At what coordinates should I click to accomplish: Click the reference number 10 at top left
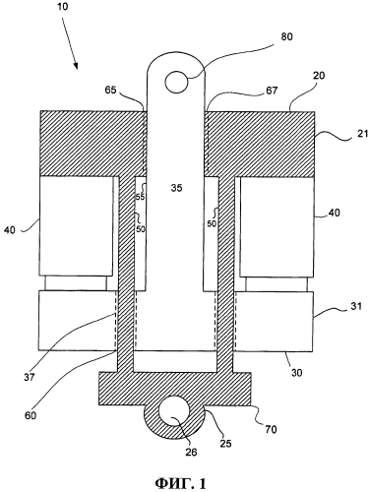[x=62, y=7]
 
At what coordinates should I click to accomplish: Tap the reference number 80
[x=286, y=36]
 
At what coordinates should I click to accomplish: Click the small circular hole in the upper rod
[x=176, y=81]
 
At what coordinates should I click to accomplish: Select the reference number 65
[x=111, y=90]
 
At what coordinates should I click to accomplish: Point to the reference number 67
[x=272, y=91]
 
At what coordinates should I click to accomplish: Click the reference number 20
[x=319, y=75]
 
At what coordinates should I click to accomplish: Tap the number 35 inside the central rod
[x=176, y=188]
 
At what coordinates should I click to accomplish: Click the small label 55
[x=140, y=197]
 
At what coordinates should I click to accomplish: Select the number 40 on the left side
[x=10, y=230]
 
